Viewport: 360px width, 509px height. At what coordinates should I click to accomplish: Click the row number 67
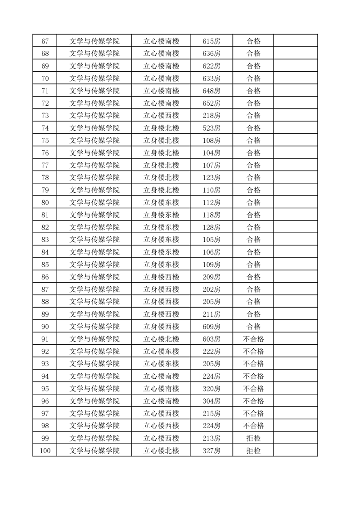click(x=45, y=41)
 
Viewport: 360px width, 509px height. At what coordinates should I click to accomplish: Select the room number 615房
click(x=211, y=41)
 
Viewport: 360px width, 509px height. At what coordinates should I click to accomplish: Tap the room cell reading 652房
click(x=211, y=103)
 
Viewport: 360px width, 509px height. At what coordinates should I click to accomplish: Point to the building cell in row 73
click(x=161, y=116)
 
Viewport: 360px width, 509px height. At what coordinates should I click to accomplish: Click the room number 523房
click(x=211, y=128)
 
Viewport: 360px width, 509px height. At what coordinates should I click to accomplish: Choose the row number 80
click(x=45, y=202)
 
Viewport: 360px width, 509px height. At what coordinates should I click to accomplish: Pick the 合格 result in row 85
click(x=253, y=264)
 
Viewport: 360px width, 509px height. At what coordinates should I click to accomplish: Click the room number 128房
click(x=211, y=227)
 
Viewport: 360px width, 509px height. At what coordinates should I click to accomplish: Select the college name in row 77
click(x=94, y=165)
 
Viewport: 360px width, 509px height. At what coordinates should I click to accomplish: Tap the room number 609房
click(x=211, y=327)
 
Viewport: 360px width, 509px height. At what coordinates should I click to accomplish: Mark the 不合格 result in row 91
click(x=253, y=339)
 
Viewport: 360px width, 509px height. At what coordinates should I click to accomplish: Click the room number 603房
click(x=211, y=339)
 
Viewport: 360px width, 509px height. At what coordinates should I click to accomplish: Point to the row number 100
click(x=45, y=450)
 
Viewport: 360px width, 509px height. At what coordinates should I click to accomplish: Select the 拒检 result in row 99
click(x=253, y=438)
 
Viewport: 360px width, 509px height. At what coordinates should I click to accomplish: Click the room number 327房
click(x=211, y=450)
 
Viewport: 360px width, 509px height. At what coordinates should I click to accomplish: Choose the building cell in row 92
click(x=161, y=351)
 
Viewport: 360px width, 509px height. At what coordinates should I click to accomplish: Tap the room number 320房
click(x=211, y=389)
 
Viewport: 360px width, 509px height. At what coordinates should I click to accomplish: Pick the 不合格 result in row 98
click(x=253, y=426)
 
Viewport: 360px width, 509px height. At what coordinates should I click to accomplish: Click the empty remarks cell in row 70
click(x=296, y=78)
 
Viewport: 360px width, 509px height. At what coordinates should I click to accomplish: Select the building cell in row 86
click(x=161, y=277)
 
